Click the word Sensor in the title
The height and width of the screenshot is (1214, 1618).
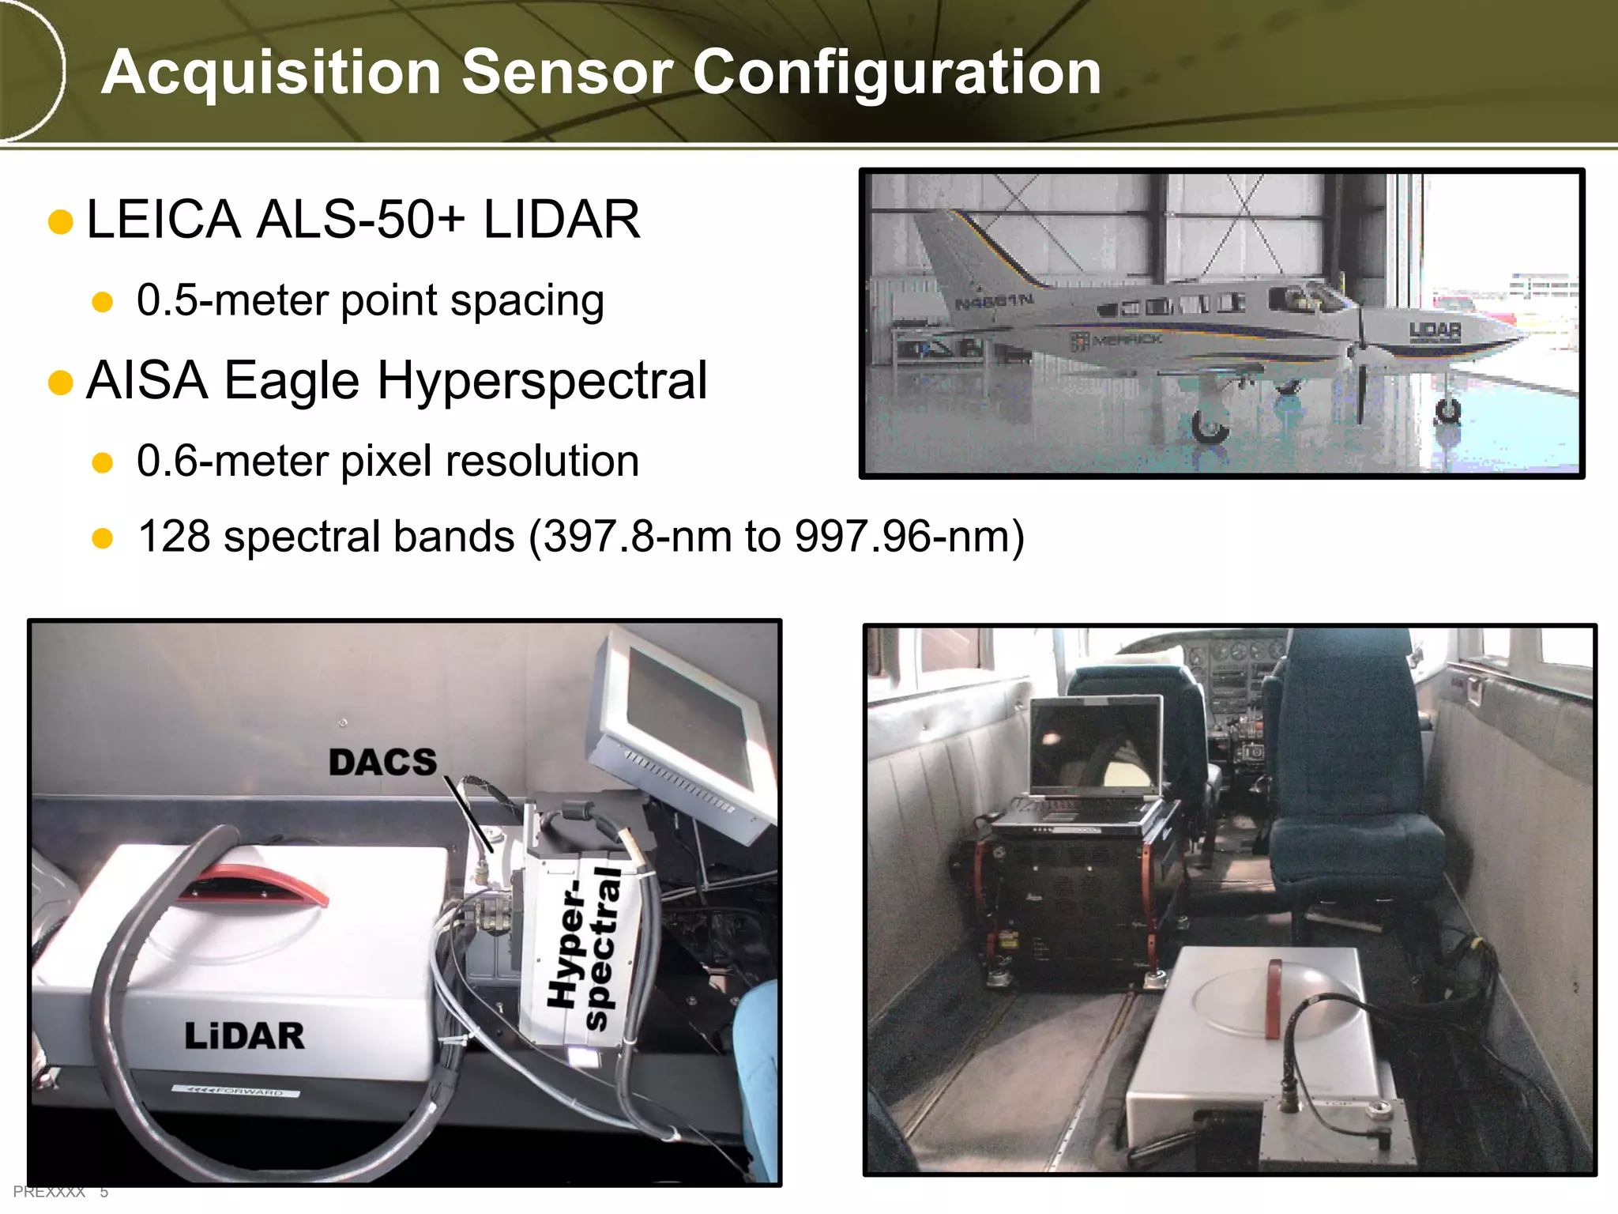(566, 72)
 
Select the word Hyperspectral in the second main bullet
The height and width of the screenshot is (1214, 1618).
(542, 381)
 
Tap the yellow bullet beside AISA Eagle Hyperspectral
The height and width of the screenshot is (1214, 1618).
(61, 383)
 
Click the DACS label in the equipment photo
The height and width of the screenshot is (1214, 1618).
(382, 763)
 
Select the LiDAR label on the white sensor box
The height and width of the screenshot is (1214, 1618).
(244, 1036)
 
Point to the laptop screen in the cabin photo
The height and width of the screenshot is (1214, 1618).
(1095, 746)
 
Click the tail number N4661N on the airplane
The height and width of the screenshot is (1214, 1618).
(994, 301)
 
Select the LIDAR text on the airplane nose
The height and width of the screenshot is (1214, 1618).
(1435, 330)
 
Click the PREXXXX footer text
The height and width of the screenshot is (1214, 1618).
(49, 1192)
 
